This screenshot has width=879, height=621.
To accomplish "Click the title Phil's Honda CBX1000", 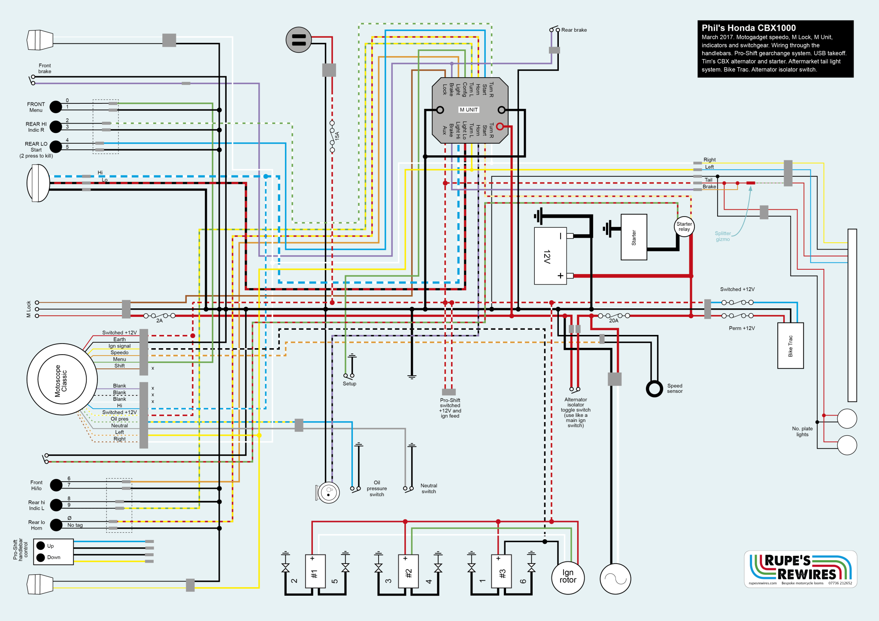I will [749, 28].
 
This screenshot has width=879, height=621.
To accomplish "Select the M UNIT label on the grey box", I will [469, 110].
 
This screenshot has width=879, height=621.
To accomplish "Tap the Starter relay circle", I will [684, 226].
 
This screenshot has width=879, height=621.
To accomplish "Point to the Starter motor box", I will [633, 237].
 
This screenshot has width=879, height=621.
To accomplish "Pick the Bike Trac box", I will [790, 346].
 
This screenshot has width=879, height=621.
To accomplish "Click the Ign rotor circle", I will [568, 577].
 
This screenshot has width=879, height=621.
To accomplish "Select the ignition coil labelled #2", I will [408, 572].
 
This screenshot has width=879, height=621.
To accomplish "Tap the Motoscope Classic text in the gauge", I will [61, 381].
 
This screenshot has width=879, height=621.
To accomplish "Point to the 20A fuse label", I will [614, 321].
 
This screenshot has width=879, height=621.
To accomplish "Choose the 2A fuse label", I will [159, 321].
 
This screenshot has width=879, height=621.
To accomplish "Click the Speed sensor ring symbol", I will [654, 389].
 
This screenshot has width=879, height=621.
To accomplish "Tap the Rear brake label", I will [574, 30].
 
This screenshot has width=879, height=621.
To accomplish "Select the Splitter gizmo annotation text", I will [723, 236].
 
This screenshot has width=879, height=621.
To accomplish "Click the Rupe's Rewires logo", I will [800, 569].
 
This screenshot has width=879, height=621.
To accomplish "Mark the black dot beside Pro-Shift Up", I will [41, 546].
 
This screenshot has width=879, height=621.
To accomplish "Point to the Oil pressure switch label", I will [377, 488].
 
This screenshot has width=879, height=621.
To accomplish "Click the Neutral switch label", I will [428, 488].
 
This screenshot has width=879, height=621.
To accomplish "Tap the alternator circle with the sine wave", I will [615, 579].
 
